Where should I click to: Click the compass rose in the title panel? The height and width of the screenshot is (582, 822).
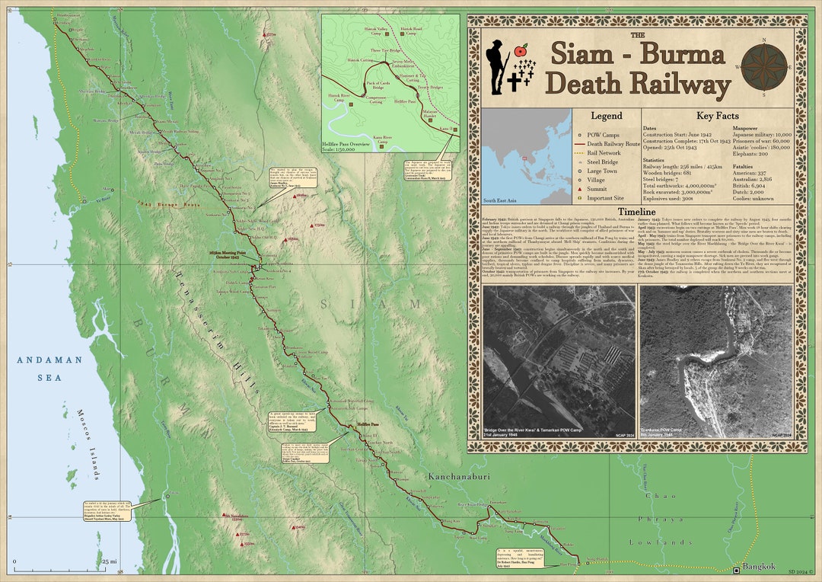(x=765, y=66)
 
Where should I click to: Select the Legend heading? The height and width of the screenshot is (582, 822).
(x=607, y=116)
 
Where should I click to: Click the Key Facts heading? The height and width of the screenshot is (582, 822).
(x=715, y=116)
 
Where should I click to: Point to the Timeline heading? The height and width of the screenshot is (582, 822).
(x=636, y=211)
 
